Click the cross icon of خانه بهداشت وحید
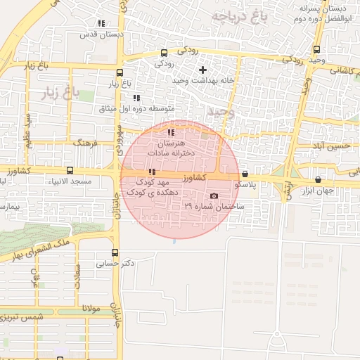click(x=202, y=70)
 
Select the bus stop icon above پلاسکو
click(x=245, y=174)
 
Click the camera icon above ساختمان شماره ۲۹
click(x=214, y=196)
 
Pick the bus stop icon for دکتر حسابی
click(x=115, y=253)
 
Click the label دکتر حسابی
click(x=115, y=264)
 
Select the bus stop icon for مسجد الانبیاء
click(x=69, y=170)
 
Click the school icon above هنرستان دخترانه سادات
click(x=171, y=132)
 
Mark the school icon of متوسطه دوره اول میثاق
click(x=136, y=98)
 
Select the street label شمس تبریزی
click(x=33, y=318)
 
